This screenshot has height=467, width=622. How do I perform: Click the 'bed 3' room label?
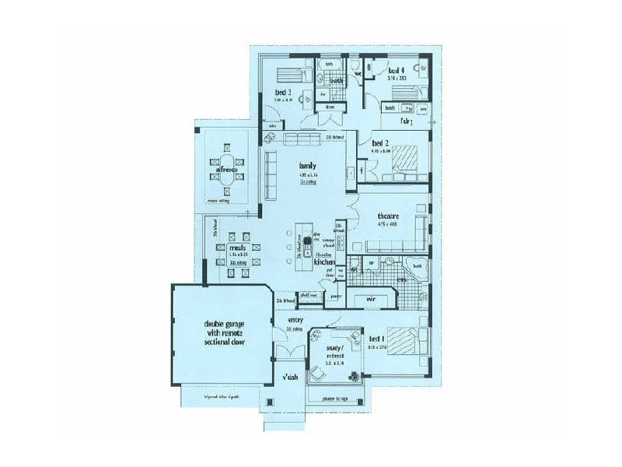[282, 92]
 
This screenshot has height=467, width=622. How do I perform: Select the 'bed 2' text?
[379, 143]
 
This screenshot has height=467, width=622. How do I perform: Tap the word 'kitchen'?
[323, 263]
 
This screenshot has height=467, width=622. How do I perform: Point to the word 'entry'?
[295, 320]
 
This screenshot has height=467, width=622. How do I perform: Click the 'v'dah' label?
[290, 378]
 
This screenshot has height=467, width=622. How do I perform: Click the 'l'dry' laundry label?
[405, 122]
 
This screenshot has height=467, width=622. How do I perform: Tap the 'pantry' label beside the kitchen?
[336, 297]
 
